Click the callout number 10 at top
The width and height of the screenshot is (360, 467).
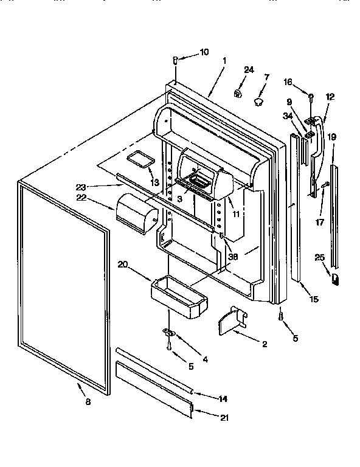pyautogui.click(x=204, y=52)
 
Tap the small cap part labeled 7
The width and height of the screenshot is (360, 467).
pyautogui.click(x=260, y=99)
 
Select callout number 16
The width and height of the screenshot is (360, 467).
pyautogui.click(x=288, y=82)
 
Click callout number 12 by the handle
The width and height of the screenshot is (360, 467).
pyautogui.click(x=330, y=97)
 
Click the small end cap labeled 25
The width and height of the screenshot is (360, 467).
pyautogui.click(x=335, y=278)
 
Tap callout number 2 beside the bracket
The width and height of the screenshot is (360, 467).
pyautogui.click(x=265, y=344)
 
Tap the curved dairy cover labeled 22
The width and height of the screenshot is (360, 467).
pyautogui.click(x=136, y=214)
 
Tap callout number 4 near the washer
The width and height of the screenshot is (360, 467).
pyautogui.click(x=206, y=359)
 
